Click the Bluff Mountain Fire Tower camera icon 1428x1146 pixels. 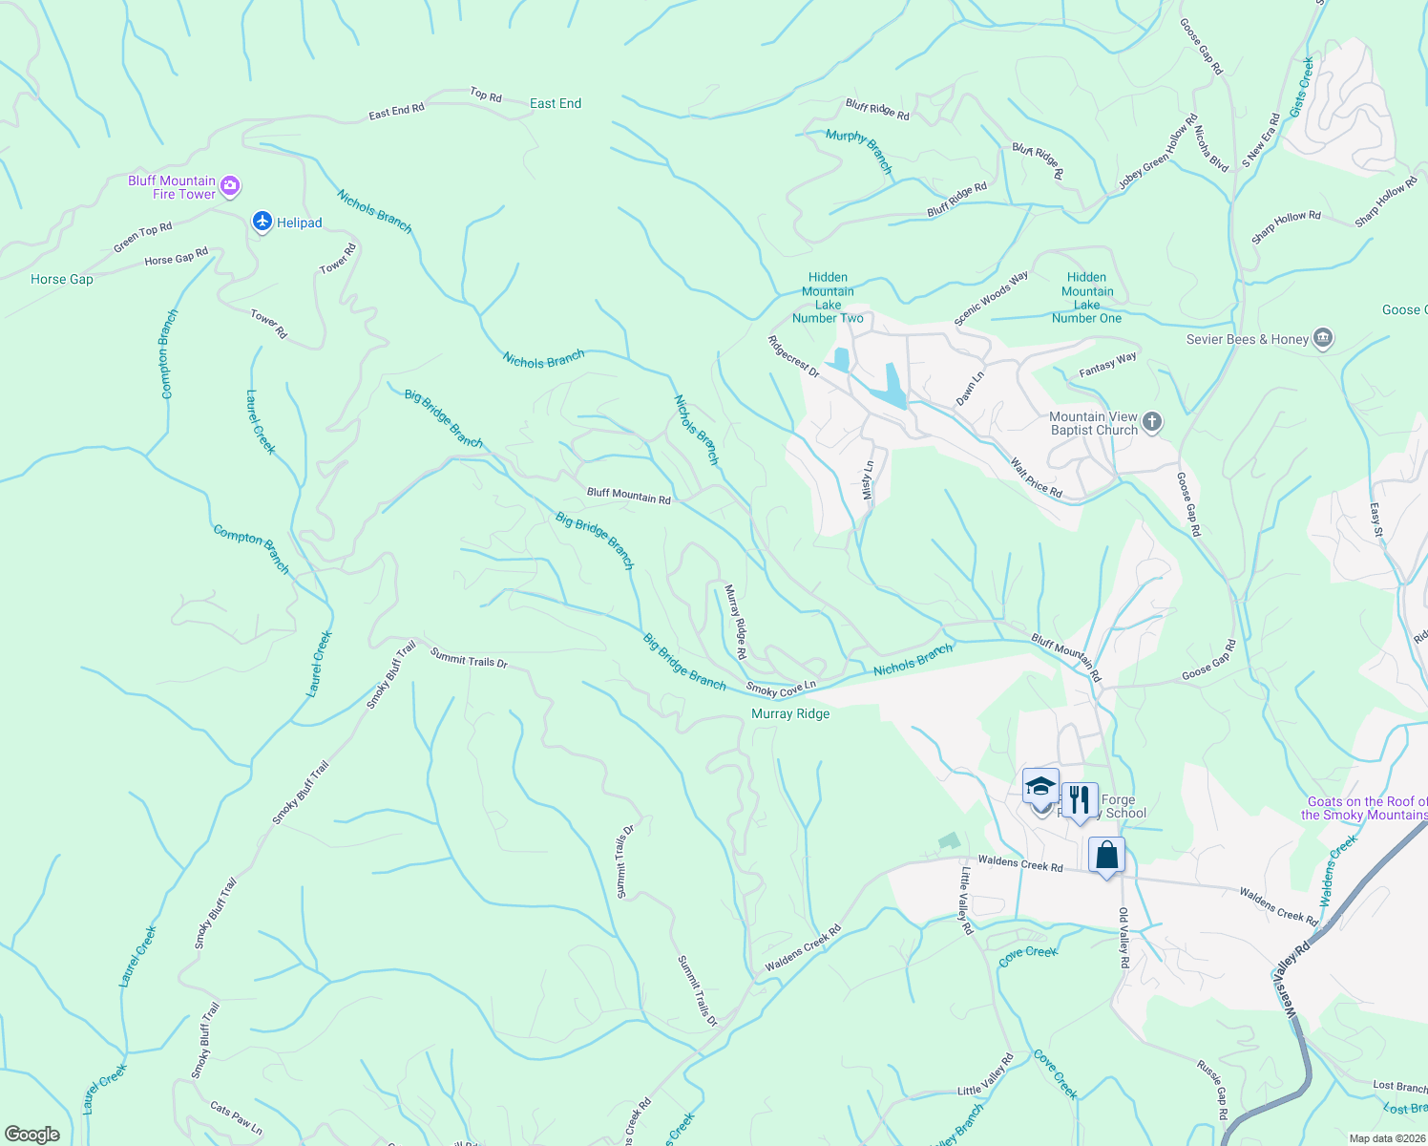click(229, 186)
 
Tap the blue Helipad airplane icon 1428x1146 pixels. click(262, 222)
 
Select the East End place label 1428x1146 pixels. click(556, 103)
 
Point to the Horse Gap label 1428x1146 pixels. click(62, 280)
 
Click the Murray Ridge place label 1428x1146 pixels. click(790, 713)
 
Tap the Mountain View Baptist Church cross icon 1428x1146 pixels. click(1152, 422)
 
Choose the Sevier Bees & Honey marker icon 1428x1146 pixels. click(1323, 338)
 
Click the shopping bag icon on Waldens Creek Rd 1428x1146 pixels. click(1106, 855)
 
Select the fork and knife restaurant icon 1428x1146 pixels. click(1080, 799)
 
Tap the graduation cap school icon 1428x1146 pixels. click(1040, 788)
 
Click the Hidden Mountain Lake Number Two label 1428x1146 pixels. click(828, 298)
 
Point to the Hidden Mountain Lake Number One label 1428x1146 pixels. click(1087, 298)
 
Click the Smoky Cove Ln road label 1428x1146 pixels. click(781, 688)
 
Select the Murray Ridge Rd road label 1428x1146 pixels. click(734, 622)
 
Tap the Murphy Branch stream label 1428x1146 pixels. click(859, 151)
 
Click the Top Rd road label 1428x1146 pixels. click(486, 95)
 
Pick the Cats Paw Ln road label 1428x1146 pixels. click(236, 1118)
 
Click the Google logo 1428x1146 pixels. click(31, 1135)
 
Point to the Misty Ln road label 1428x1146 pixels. click(868, 480)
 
